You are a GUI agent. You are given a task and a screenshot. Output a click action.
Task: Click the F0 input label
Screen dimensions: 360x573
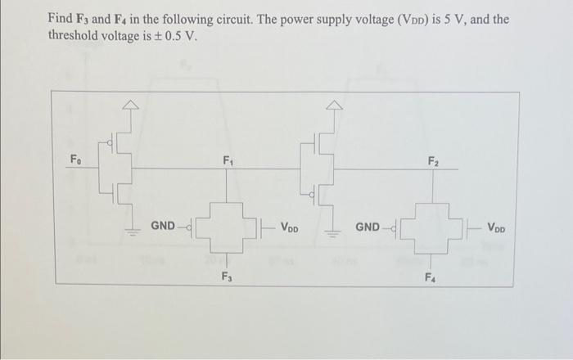tap(74, 159)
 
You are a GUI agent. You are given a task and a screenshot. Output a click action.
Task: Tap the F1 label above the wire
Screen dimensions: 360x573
tap(227, 160)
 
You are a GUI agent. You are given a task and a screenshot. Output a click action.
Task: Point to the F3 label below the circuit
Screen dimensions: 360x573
tap(227, 277)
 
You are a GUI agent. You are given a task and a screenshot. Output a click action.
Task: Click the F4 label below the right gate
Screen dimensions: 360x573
tap(431, 277)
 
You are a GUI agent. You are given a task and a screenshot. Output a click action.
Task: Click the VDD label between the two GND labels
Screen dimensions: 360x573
tap(291, 225)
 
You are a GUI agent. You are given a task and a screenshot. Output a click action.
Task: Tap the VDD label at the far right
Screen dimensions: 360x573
tap(497, 225)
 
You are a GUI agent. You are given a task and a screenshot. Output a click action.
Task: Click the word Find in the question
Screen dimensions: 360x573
tap(61, 17)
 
